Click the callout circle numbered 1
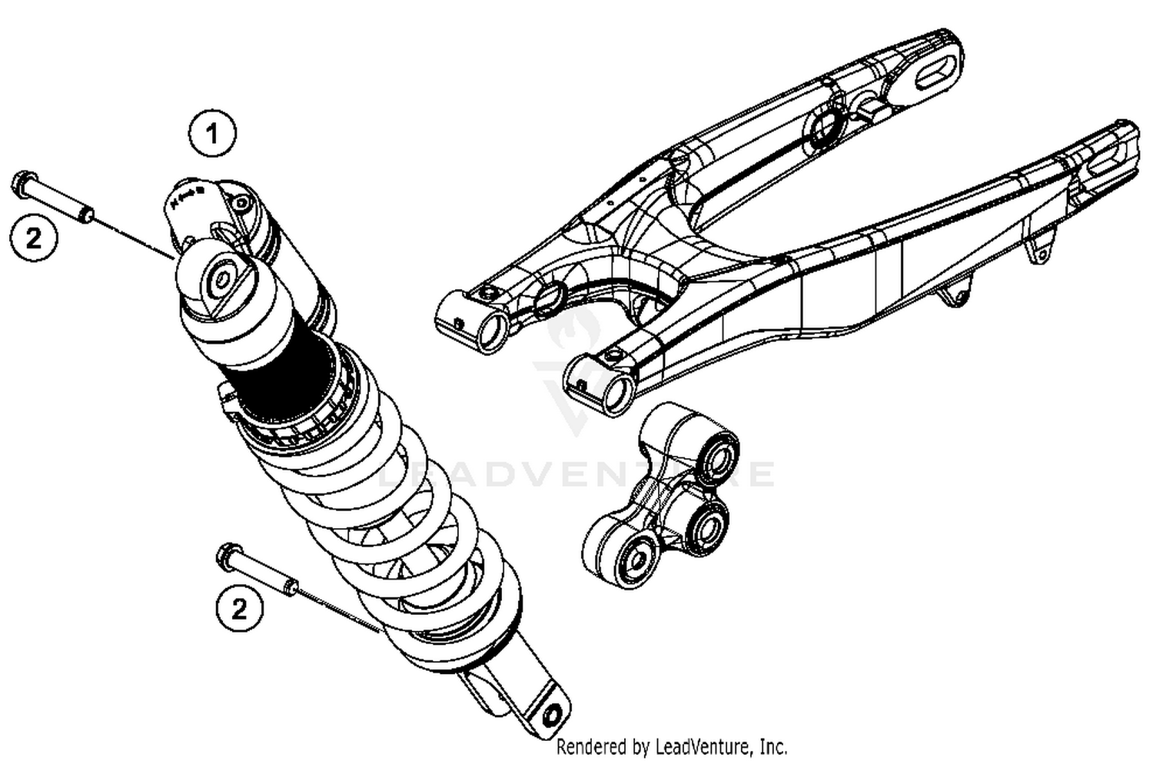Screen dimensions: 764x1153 coord(212,135)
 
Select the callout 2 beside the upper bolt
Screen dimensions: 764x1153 coord(34,238)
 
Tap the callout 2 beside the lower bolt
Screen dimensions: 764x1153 coord(239,609)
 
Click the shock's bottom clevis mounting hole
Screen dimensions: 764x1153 coord(551,715)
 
